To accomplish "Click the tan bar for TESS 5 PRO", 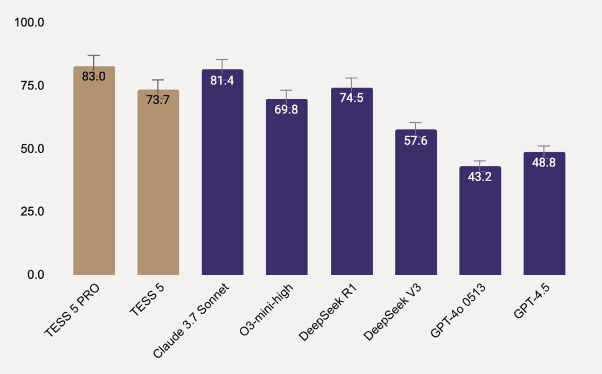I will tap(93, 176).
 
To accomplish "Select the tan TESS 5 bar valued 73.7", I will tap(158, 188).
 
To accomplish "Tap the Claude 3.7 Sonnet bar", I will tap(222, 176).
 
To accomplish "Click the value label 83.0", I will tap(93, 76).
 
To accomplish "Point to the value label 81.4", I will tap(222, 81).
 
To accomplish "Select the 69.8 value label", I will tap(286, 109).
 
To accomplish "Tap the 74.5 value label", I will tap(352, 98).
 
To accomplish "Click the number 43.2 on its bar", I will tap(480, 176).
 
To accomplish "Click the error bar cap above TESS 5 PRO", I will tap(93, 55).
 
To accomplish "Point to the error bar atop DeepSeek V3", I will tap(416, 123).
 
